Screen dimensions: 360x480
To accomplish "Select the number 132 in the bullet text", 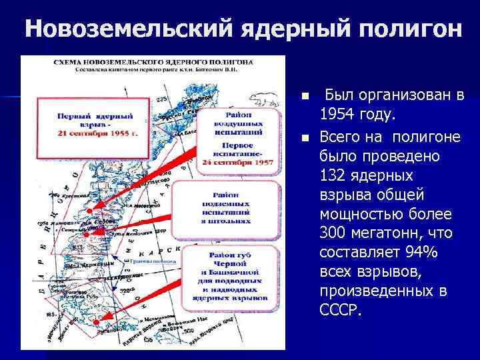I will click(x=335, y=175).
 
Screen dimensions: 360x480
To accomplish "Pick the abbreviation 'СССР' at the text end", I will click(x=341, y=311).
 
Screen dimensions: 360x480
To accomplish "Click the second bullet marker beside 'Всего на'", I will click(x=305, y=139).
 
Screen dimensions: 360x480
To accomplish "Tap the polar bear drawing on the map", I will click(x=266, y=99).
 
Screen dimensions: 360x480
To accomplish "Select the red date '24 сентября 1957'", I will click(x=237, y=162).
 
